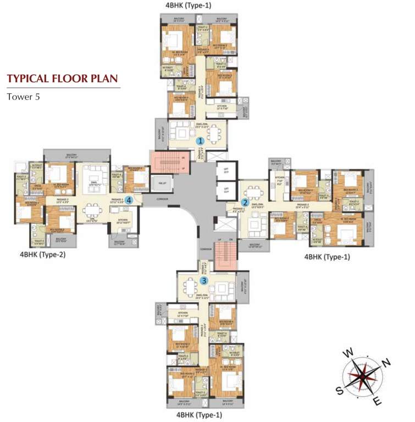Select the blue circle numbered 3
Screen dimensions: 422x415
[x=204, y=280]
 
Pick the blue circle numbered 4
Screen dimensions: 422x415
[x=128, y=200]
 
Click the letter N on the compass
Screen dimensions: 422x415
[x=386, y=362]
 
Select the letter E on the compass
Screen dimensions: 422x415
[x=377, y=402]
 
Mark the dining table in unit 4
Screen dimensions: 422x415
[x=95, y=209]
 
